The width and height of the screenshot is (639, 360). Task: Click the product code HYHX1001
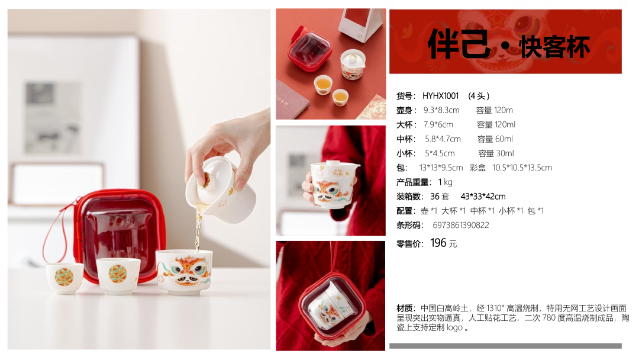[x=440, y=97]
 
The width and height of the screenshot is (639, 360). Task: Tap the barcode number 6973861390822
[x=460, y=226]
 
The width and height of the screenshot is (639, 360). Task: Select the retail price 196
[x=438, y=243]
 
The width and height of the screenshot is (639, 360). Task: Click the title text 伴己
[x=459, y=44]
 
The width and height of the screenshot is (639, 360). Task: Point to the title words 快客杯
[x=555, y=47]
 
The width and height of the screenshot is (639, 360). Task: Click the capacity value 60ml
[x=504, y=139]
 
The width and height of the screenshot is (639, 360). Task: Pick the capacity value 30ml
[x=505, y=153]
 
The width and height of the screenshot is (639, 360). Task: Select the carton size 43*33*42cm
[x=483, y=197]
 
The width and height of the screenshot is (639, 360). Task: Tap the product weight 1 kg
[x=445, y=182]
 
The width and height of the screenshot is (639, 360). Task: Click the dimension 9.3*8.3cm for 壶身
[x=441, y=110]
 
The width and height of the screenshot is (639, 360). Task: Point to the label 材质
[x=405, y=308]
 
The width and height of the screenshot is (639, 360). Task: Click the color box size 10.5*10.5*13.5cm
[x=522, y=168]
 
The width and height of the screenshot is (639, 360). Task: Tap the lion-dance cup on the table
[x=185, y=271]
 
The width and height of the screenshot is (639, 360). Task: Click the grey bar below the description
[x=505, y=346]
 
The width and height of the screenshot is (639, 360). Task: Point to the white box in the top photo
[x=361, y=24]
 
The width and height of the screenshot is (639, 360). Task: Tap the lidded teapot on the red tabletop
[x=352, y=64]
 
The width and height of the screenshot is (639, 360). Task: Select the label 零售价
[x=410, y=244]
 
